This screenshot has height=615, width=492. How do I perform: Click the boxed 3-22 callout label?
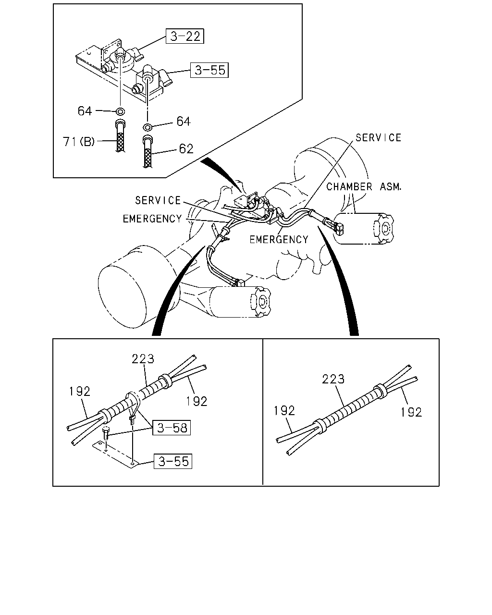(184, 36)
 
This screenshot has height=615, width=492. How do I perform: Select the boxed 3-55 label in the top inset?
(209, 70)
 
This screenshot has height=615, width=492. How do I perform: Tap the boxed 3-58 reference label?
(172, 428)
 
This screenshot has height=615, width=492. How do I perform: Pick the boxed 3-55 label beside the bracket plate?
(173, 461)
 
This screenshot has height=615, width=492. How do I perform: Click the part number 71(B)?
(79, 141)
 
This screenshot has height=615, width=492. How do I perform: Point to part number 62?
(186, 149)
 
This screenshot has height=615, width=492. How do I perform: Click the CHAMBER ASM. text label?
(364, 187)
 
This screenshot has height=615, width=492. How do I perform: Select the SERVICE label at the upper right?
(378, 138)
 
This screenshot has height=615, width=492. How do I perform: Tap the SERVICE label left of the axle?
(158, 201)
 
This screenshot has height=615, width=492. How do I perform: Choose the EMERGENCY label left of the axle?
(152, 219)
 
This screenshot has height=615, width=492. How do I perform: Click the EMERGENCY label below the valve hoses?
(279, 239)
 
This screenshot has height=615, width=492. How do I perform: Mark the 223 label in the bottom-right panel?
(333, 379)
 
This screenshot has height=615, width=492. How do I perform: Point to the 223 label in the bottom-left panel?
(143, 358)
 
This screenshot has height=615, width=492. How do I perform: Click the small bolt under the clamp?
(106, 434)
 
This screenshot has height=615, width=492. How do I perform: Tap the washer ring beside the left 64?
(120, 111)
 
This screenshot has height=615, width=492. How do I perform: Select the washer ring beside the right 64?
(147, 127)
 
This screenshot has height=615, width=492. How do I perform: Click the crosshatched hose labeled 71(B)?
(120, 136)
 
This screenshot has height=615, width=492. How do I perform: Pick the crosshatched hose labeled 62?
(147, 151)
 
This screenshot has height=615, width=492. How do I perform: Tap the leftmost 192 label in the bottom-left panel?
(79, 392)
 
